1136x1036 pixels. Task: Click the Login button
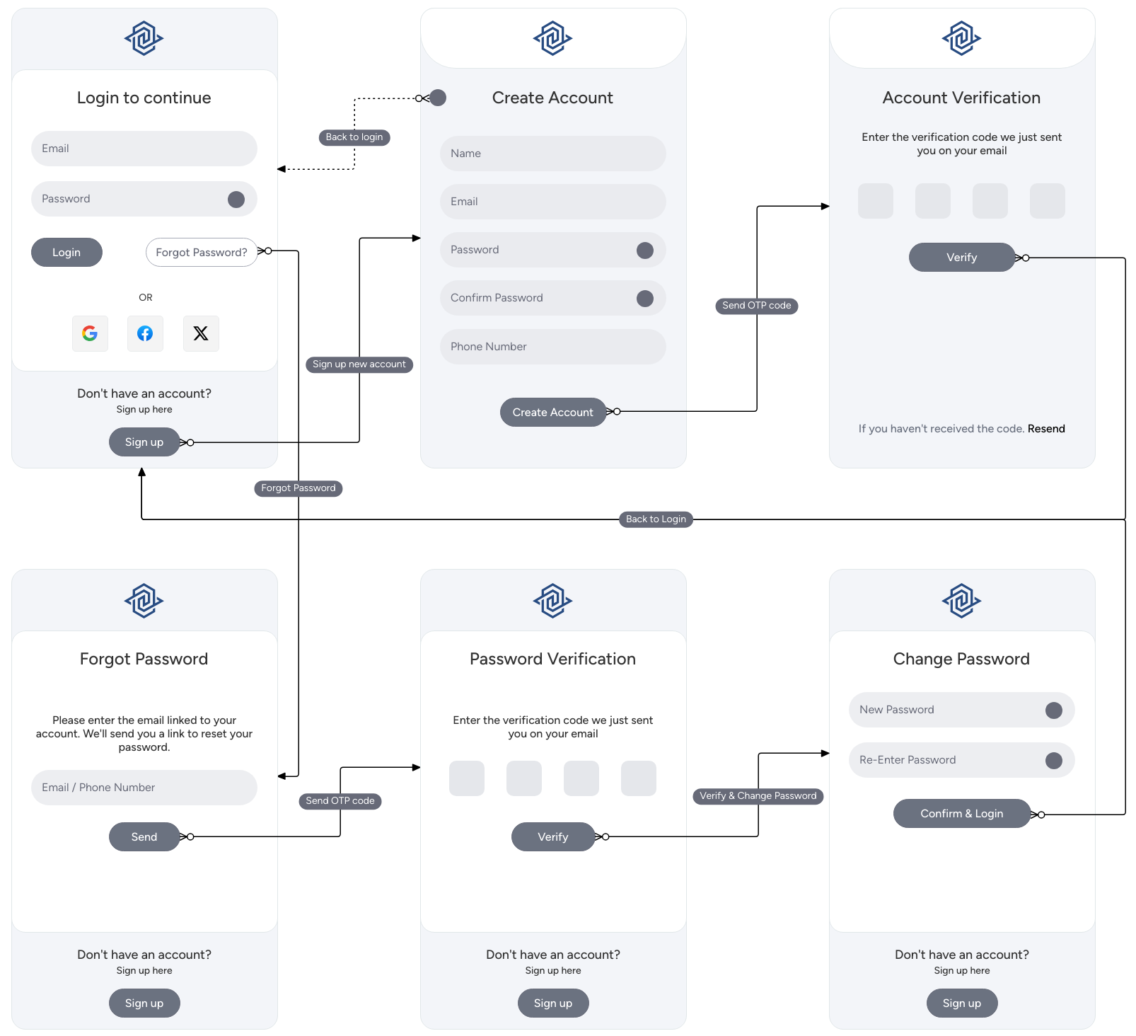[x=66, y=253]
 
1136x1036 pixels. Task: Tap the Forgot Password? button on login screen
[x=202, y=253]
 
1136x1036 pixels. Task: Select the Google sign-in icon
[x=90, y=333]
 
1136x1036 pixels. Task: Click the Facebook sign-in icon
[x=145, y=333]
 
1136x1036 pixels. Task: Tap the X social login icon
[x=201, y=333]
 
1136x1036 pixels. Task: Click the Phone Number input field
[x=552, y=347]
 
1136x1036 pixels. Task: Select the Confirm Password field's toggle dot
[x=644, y=299]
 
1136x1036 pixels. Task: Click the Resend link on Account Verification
[x=1045, y=429]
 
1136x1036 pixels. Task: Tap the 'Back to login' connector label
[x=354, y=137]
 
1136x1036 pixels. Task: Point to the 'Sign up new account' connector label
[x=359, y=364]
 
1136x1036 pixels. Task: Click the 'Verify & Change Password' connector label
[x=758, y=796]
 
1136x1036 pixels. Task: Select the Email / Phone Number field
[x=144, y=788]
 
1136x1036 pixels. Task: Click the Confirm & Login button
[x=961, y=814]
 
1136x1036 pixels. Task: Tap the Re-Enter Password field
[x=948, y=760]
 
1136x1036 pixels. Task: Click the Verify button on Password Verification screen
[x=552, y=837]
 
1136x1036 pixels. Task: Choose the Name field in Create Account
[x=552, y=154]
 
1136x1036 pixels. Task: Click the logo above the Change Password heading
[x=961, y=601]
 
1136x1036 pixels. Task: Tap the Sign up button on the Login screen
[x=144, y=442]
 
